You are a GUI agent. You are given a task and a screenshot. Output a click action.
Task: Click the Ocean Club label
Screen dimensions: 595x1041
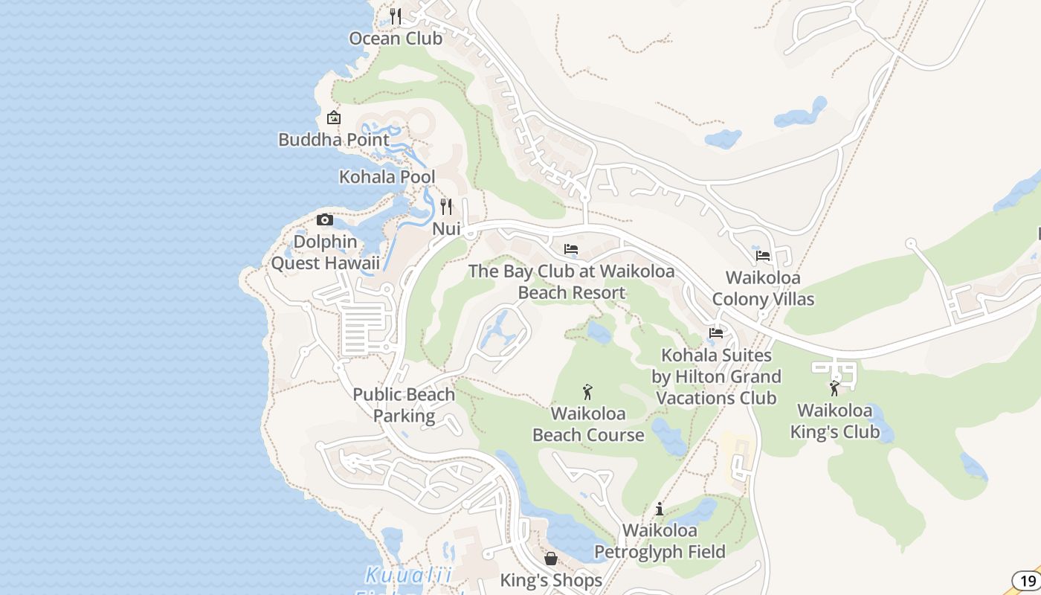[x=396, y=39]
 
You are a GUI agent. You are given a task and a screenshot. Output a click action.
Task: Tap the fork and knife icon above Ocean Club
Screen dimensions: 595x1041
[x=396, y=16]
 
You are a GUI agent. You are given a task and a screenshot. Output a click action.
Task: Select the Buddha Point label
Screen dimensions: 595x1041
[x=334, y=140]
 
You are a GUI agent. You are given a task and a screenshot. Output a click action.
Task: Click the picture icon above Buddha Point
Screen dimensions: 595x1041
[x=334, y=118]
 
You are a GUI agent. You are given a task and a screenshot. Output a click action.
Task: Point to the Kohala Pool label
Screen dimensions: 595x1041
[x=387, y=177]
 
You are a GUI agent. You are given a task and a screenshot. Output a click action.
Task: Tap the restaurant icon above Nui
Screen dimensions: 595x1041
[x=446, y=206]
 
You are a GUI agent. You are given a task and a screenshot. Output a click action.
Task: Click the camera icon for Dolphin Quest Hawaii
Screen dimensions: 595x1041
[x=325, y=219]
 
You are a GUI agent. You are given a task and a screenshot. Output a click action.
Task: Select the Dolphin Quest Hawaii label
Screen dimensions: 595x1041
[x=325, y=252]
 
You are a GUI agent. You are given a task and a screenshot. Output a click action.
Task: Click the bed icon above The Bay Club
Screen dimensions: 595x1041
[x=571, y=249]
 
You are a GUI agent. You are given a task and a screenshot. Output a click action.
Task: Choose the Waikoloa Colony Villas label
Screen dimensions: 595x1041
[x=763, y=289]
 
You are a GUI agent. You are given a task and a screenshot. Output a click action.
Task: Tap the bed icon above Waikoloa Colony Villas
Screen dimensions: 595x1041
[x=763, y=256]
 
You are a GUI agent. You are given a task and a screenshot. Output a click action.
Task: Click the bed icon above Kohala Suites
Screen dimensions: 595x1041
[x=716, y=333]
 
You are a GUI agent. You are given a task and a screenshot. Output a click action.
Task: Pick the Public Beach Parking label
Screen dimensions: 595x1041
[x=404, y=405]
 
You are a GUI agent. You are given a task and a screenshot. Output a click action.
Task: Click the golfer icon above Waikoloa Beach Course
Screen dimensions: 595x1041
[x=587, y=391]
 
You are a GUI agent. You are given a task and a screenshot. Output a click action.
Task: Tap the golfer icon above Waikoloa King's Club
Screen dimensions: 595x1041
[x=834, y=388]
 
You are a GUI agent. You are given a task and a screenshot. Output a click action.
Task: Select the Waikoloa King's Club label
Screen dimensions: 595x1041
[x=834, y=421]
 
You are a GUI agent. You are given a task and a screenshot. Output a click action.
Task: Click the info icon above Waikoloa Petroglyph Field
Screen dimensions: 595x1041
[x=660, y=509]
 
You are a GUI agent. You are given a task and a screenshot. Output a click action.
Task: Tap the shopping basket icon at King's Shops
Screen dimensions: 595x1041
[x=551, y=558]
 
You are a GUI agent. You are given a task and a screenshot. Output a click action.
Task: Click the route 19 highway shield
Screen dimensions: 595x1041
[x=1028, y=581]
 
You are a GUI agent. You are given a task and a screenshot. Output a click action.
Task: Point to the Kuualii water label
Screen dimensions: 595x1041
[x=409, y=575]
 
